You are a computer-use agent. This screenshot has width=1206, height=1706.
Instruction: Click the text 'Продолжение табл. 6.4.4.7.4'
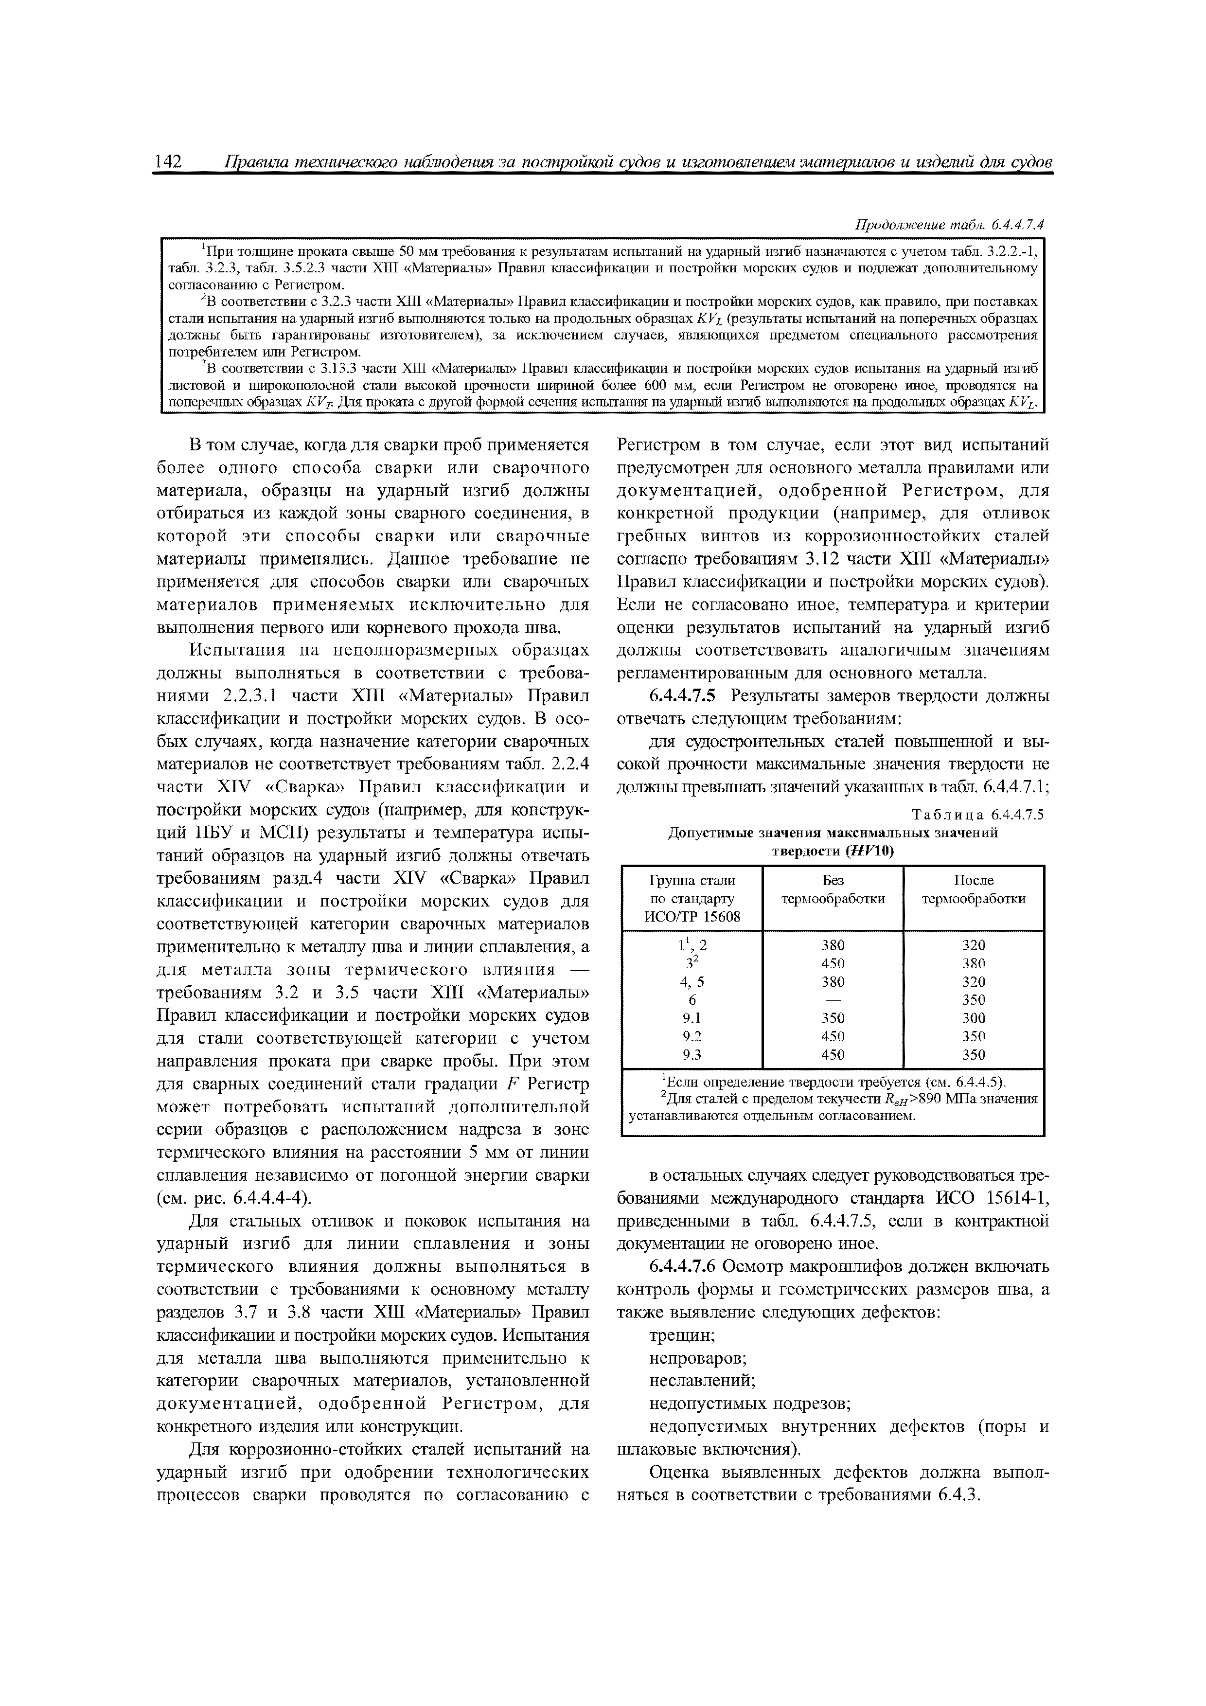tap(950, 224)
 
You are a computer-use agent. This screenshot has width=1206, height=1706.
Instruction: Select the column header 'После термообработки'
tap(973, 889)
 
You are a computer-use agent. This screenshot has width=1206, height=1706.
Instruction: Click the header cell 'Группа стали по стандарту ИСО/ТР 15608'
tap(692, 898)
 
